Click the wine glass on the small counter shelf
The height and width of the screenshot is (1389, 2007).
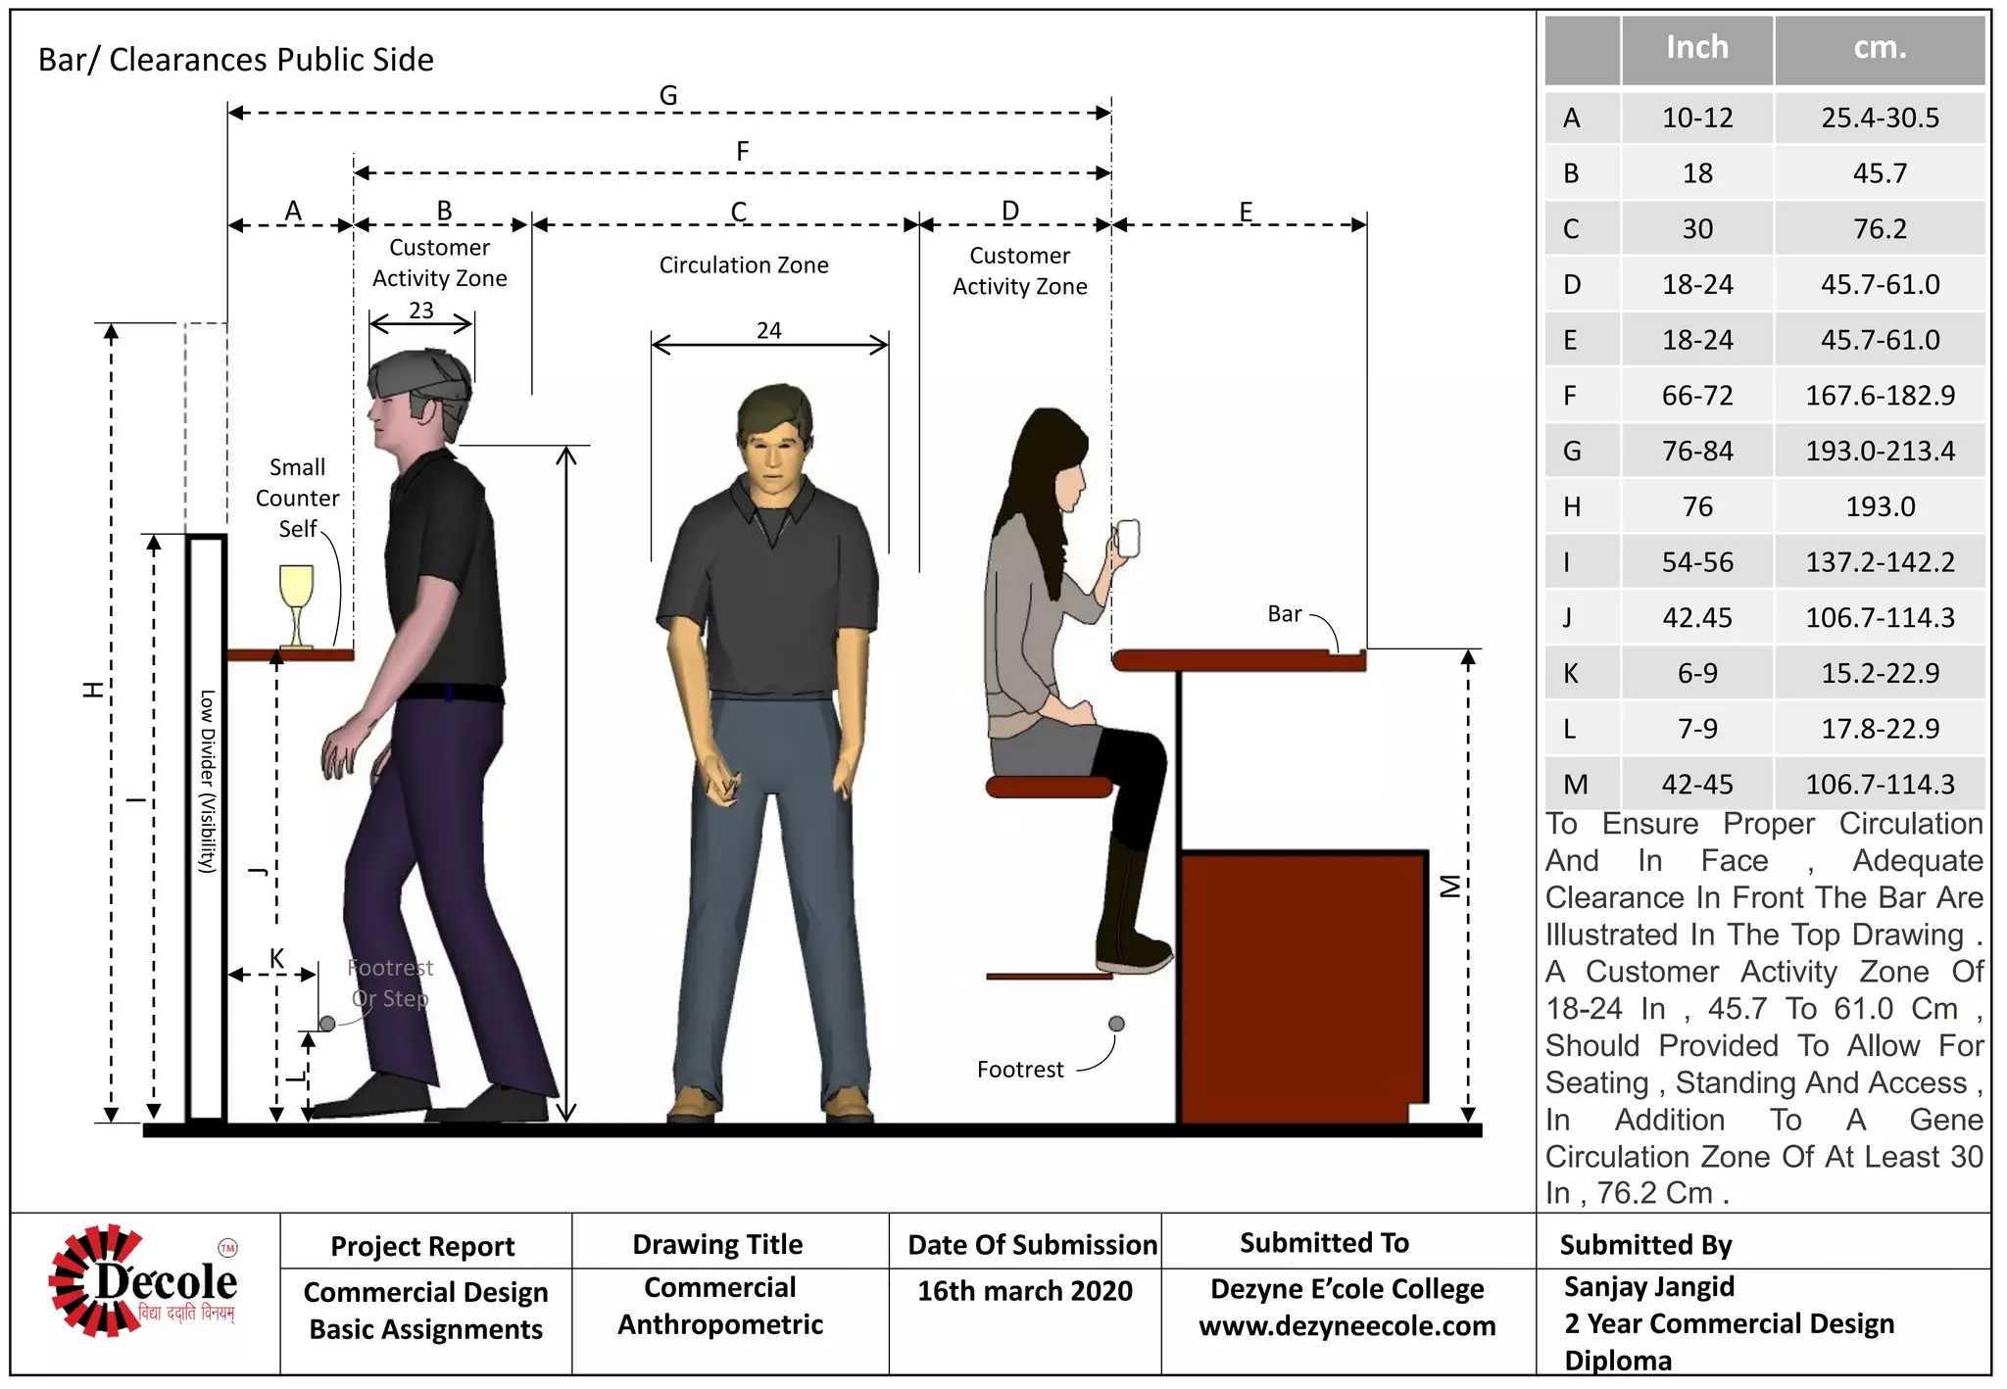296,602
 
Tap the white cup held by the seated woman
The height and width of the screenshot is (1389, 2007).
1127,538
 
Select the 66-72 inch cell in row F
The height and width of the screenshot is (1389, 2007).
1697,396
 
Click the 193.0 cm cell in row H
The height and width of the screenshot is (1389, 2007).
1880,506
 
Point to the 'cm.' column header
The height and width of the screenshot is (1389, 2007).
1880,48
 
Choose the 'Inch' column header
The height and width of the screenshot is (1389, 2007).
1697,48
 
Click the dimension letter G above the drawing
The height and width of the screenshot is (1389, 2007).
668,96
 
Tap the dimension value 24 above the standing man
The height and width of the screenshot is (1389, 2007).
769,331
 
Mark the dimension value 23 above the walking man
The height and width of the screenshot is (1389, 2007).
421,311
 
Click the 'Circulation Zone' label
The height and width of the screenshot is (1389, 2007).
744,265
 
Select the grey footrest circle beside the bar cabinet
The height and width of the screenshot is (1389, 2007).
1116,1024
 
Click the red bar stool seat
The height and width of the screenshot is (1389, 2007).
1049,787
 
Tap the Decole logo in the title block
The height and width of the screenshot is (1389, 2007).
144,1281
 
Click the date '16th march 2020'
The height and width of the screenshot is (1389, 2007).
1024,1291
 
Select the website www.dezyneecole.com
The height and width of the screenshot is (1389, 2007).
1346,1326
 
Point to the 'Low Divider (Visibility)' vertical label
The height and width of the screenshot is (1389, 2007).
207,781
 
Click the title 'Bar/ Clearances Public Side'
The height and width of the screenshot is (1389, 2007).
236,60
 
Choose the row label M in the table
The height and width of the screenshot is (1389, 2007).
1576,785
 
